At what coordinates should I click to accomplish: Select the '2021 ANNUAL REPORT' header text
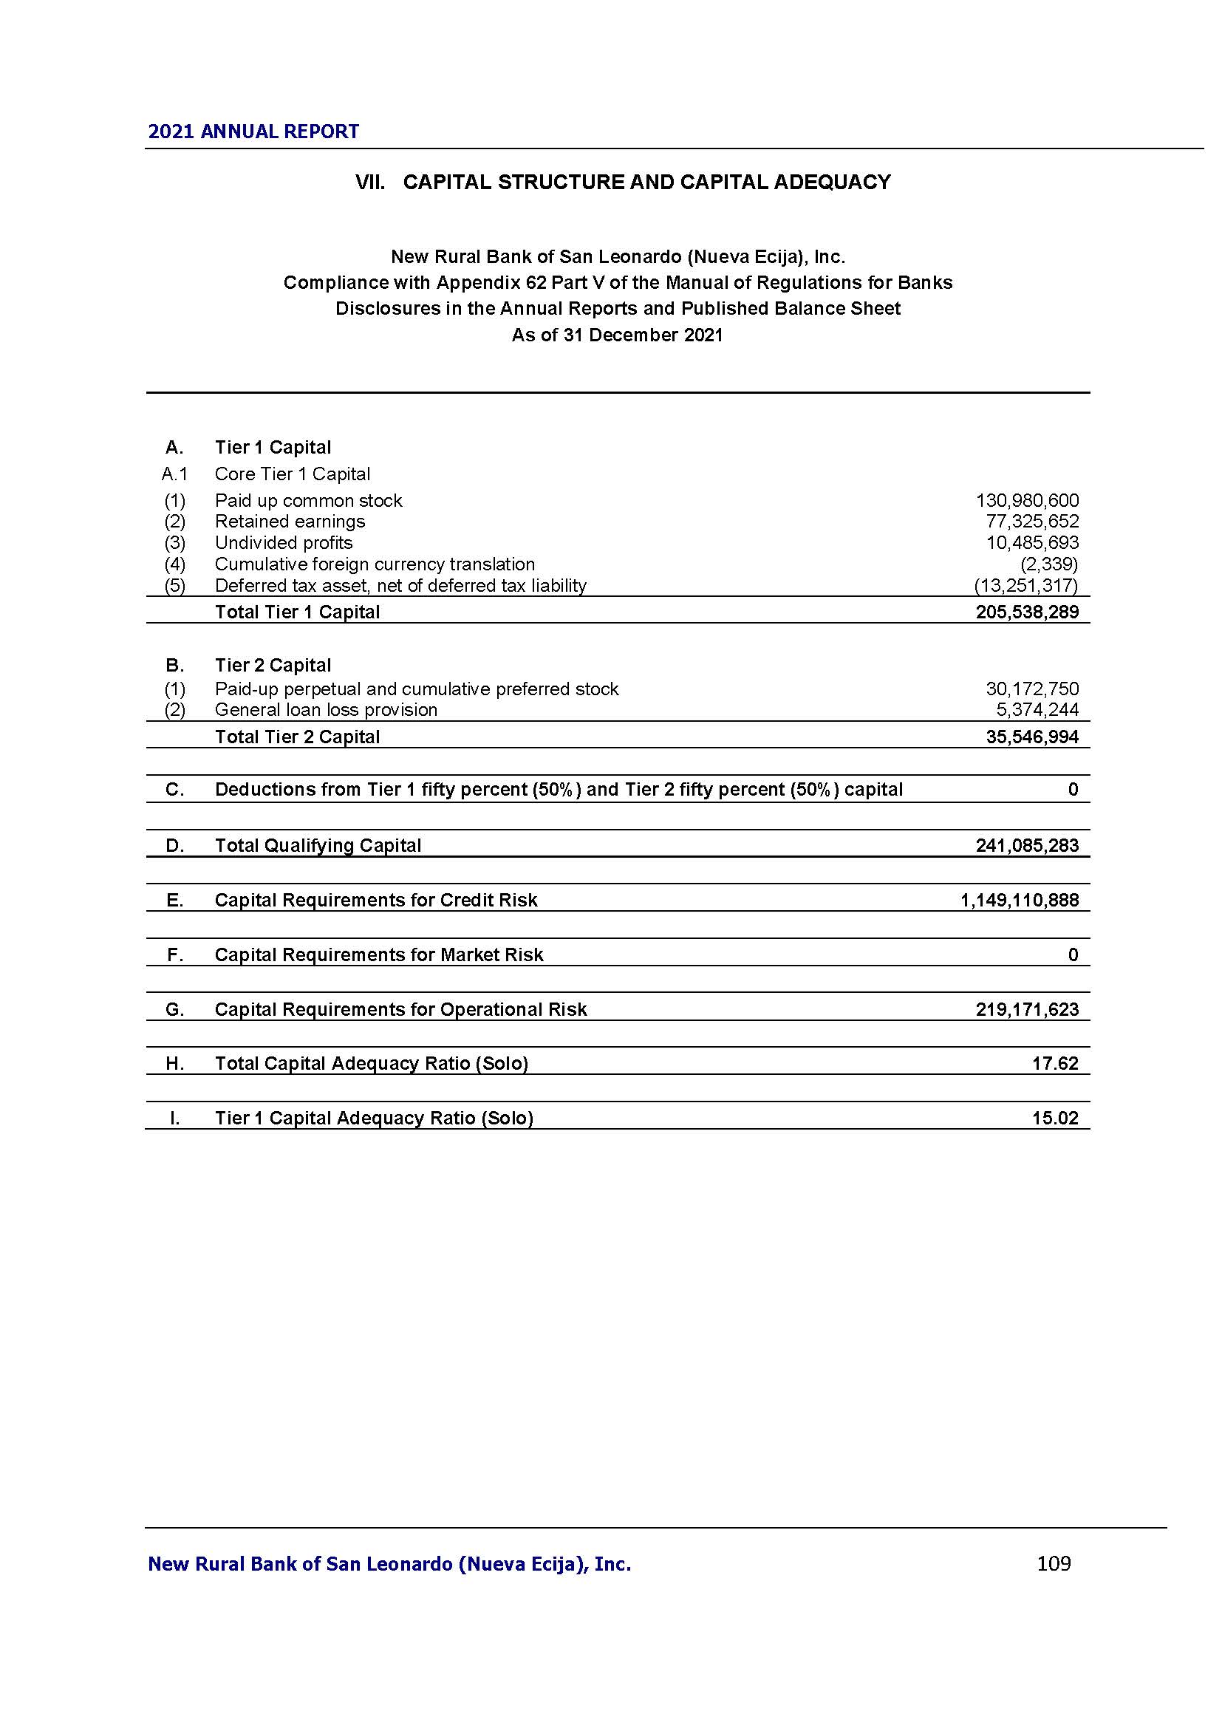253,132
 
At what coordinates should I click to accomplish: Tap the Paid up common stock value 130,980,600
1027,500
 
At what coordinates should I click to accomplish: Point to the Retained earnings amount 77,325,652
1031,522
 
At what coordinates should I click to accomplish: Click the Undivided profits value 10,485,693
1031,543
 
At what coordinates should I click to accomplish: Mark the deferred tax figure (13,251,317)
1025,586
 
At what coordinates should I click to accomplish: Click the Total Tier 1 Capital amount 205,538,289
1027,612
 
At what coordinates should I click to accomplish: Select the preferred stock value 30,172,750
1031,689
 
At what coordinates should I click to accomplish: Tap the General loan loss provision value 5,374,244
1037,710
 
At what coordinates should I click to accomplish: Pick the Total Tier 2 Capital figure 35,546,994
1031,737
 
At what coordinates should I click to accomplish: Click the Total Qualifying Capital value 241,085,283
1027,846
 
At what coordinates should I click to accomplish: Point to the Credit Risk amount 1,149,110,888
1019,900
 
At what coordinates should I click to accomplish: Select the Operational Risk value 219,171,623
1027,1009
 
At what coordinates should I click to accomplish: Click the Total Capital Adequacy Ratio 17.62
1055,1063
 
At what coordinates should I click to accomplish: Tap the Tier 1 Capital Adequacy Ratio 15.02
1055,1119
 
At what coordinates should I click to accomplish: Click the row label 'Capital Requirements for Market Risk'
378,955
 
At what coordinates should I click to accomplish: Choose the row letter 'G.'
174,1010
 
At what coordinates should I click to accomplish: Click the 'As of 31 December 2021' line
617,335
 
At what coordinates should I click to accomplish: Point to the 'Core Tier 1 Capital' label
292,474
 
